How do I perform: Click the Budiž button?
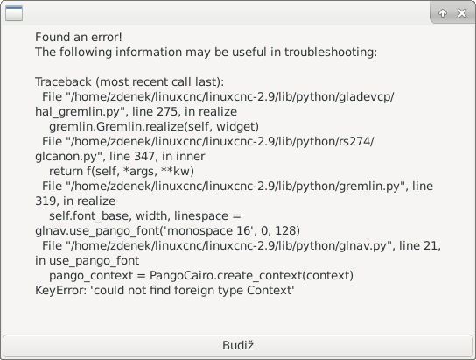click(x=238, y=346)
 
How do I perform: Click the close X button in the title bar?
click(x=462, y=13)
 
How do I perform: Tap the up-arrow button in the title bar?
click(x=443, y=13)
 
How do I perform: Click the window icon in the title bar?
click(x=14, y=13)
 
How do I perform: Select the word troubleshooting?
click(x=330, y=53)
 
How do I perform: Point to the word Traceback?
click(x=63, y=81)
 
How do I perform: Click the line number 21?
click(x=431, y=245)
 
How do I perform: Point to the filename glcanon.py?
click(x=66, y=157)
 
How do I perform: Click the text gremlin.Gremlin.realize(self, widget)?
click(x=154, y=127)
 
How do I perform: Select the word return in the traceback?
click(x=66, y=172)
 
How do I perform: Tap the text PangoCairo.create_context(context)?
click(x=252, y=276)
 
